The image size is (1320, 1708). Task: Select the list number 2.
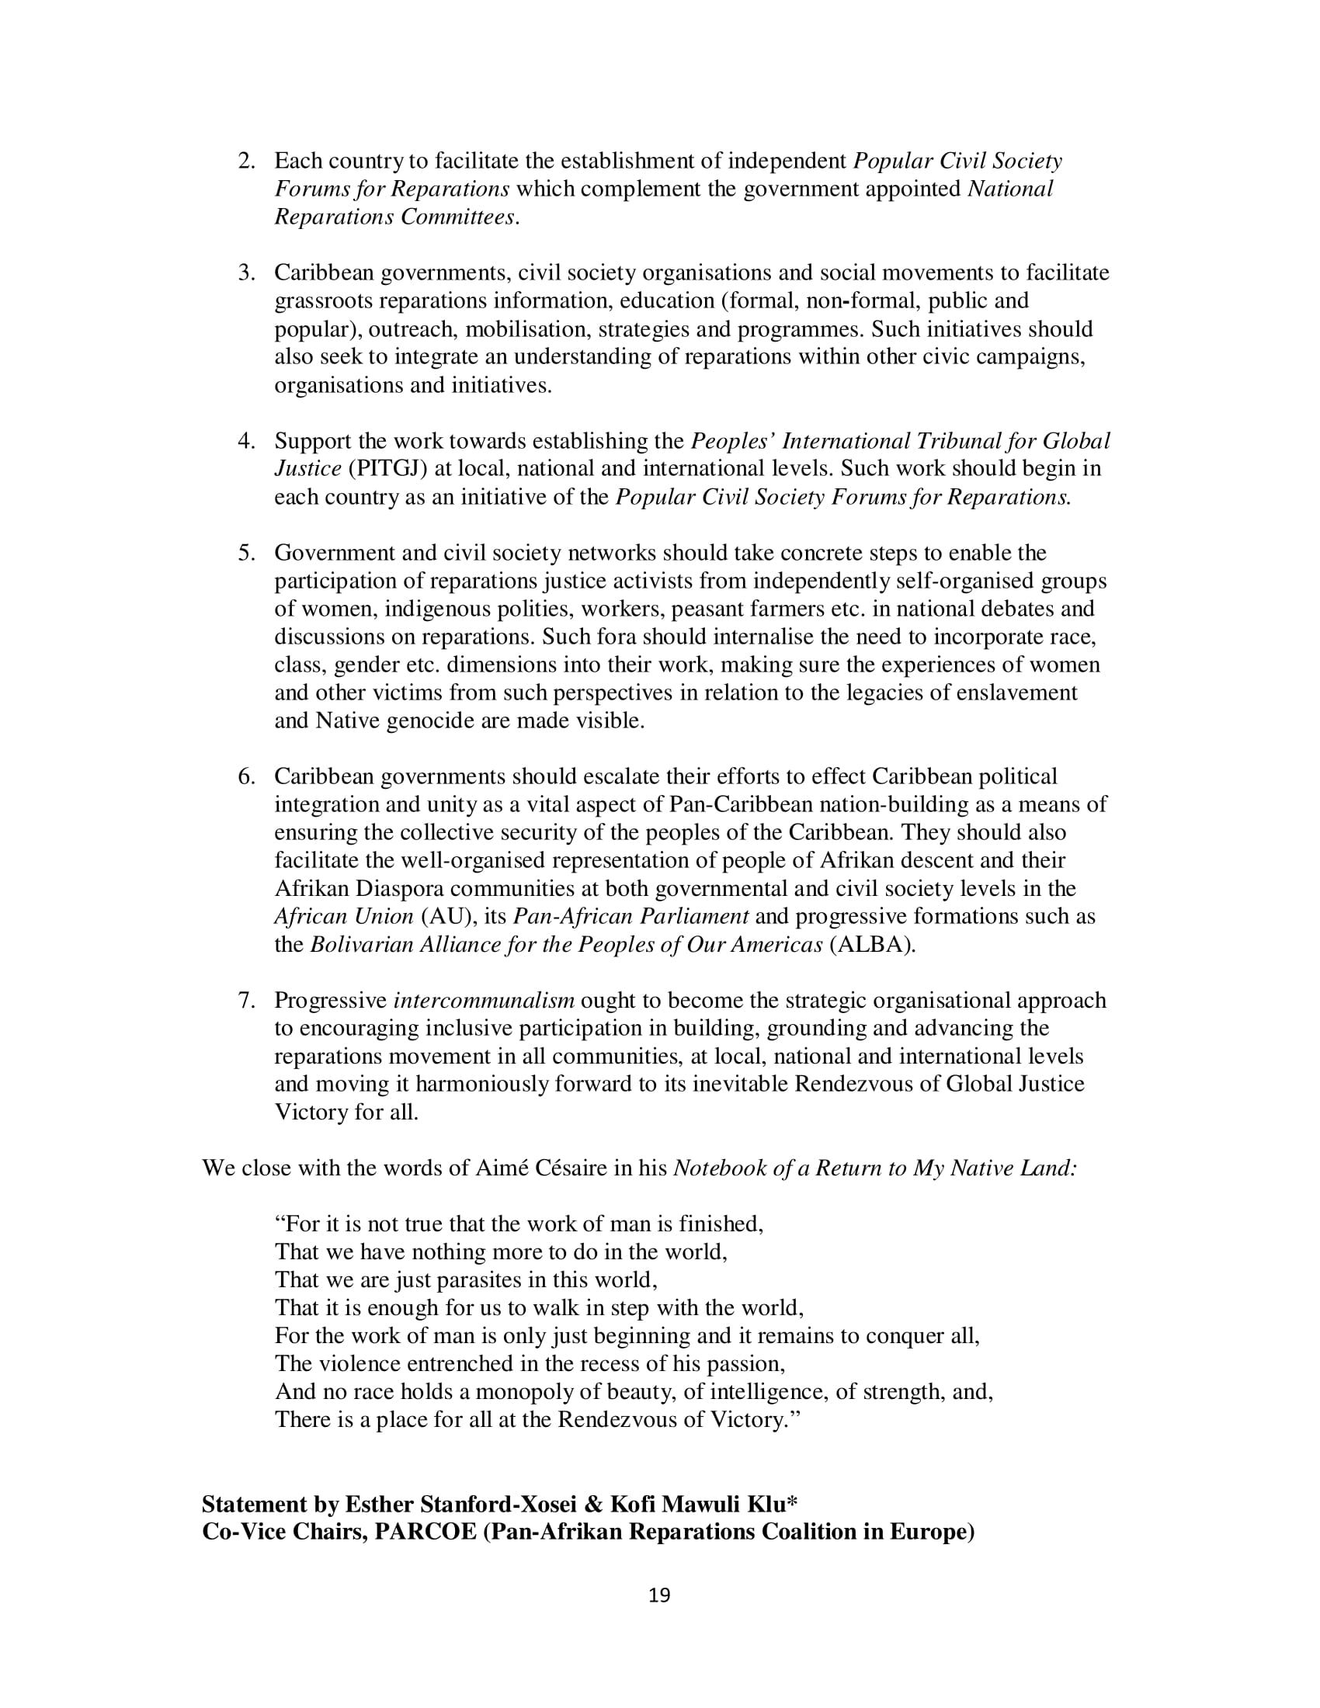(x=246, y=161)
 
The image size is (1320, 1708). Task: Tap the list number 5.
(x=246, y=553)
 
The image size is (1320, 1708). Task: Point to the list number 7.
(x=246, y=1000)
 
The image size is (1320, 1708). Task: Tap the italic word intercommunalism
(x=484, y=1000)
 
